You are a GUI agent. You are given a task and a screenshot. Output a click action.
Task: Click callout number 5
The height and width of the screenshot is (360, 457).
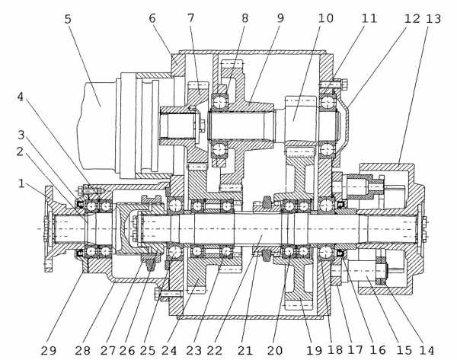click(68, 19)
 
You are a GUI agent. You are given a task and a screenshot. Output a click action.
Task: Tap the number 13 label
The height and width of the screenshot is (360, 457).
click(433, 18)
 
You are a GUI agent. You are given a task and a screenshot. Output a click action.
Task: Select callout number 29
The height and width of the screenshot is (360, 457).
click(49, 350)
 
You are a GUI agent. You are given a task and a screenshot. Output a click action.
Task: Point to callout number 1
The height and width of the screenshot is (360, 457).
click(21, 183)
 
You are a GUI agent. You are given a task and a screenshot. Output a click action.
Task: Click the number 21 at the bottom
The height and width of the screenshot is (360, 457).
click(244, 350)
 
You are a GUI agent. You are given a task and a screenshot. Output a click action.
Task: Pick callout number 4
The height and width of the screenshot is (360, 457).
click(20, 97)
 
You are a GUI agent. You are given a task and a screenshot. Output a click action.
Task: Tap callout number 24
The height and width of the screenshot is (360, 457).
click(169, 350)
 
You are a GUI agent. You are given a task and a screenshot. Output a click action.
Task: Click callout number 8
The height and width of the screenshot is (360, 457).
click(244, 18)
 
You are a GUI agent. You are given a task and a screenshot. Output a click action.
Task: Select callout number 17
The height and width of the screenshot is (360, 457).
click(355, 350)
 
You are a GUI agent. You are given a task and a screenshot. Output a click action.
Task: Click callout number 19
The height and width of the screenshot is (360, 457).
click(314, 350)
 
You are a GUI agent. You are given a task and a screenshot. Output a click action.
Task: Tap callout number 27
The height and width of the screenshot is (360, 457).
click(108, 350)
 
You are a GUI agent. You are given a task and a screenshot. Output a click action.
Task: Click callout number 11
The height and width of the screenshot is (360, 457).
click(369, 18)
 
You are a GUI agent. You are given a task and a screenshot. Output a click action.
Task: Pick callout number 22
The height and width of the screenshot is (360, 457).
click(215, 350)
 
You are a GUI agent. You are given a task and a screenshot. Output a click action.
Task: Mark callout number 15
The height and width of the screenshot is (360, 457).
click(404, 350)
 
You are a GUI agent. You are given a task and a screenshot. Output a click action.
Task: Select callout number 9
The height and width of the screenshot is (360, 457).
click(280, 18)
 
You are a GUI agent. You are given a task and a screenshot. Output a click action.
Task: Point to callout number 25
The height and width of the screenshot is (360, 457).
click(148, 350)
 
